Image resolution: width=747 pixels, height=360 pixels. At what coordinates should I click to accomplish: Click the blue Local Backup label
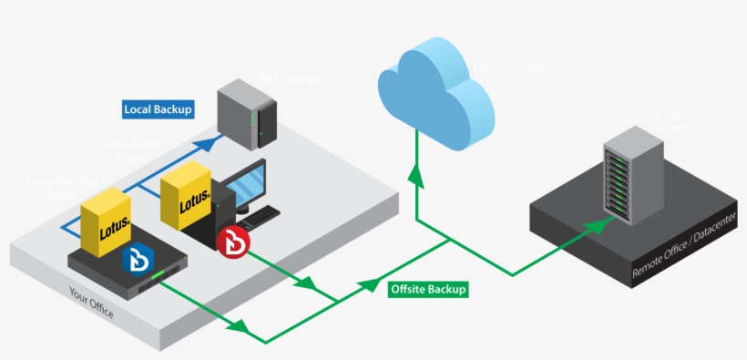[159, 109]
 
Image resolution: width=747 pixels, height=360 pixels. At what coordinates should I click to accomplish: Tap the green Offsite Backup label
[428, 289]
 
